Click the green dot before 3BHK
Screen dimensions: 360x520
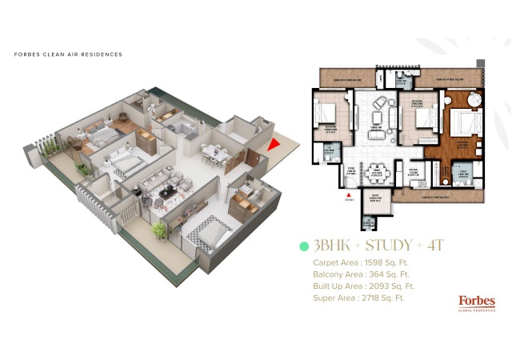(303, 246)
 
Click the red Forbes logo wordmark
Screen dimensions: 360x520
(476, 301)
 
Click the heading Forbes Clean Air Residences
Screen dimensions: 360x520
(68, 55)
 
